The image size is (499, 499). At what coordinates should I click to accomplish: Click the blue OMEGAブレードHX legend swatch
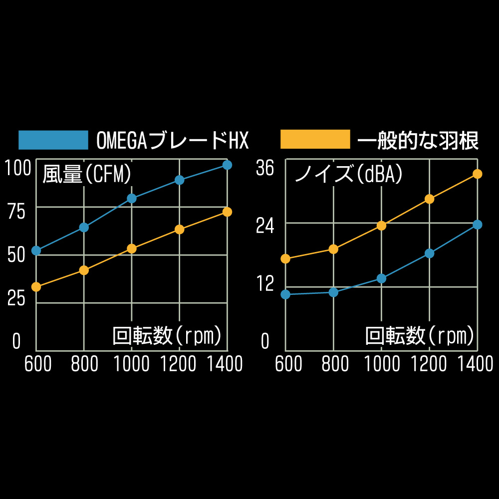(53, 140)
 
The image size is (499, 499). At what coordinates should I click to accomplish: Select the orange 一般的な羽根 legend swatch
(315, 139)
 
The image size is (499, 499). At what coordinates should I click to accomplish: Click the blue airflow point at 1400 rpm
(227, 165)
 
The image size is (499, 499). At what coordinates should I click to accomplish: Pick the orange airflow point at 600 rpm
(36, 287)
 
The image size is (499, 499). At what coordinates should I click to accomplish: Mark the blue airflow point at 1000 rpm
(132, 198)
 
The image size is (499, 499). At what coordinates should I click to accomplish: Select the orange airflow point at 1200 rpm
(180, 230)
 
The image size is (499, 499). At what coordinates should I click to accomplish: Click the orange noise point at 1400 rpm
(478, 174)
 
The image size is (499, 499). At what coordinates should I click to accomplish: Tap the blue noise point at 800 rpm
(334, 292)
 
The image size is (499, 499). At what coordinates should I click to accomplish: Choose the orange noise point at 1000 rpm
(382, 226)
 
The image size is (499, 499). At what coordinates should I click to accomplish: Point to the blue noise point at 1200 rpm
(429, 253)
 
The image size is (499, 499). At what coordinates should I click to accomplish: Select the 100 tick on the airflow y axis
(17, 169)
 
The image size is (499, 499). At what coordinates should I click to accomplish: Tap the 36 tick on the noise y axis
(265, 169)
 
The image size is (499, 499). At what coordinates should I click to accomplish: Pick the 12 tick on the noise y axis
(265, 284)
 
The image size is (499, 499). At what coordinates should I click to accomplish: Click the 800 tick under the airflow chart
(85, 364)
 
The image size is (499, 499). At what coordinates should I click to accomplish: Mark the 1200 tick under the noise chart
(429, 364)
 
